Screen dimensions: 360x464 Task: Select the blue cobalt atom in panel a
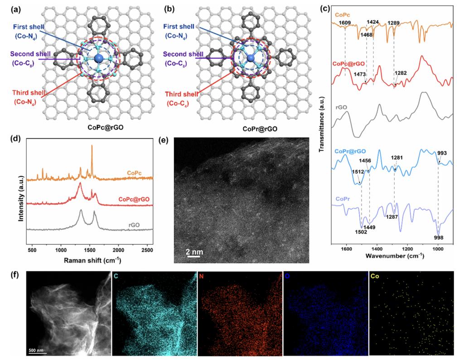pyautogui.click(x=99, y=58)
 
